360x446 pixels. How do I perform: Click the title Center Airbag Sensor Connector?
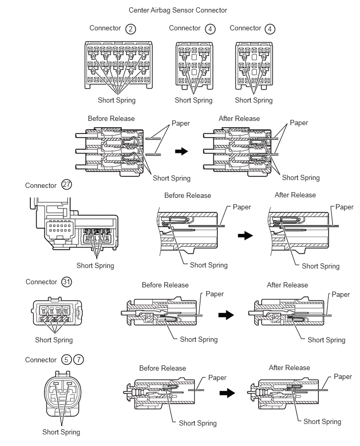[178, 10]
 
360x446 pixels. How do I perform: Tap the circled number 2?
[130, 29]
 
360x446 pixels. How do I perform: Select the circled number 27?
[66, 185]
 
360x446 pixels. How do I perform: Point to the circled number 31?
[66, 282]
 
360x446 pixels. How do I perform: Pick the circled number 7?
[78, 360]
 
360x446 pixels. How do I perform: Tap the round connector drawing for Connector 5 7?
[61, 396]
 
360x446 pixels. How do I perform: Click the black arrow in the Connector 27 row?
[245, 236]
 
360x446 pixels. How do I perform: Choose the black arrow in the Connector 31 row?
[226, 315]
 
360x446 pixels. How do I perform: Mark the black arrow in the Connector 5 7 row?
[227, 393]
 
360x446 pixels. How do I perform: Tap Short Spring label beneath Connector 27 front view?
[95, 265]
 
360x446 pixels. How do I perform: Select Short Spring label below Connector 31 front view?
[54, 340]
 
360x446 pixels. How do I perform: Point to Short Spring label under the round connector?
[61, 432]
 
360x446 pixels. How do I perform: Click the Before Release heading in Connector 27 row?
[187, 195]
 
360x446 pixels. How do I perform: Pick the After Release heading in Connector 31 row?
[287, 285]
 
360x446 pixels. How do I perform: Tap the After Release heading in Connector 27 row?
[295, 195]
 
